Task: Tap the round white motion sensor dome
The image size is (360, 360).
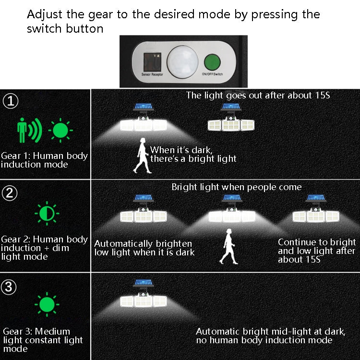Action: [x=180, y=61]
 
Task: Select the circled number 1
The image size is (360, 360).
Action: [x=10, y=101]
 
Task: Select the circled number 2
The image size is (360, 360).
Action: [x=10, y=193]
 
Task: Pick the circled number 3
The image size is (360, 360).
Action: [x=10, y=287]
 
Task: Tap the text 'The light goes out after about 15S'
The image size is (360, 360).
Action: [x=258, y=96]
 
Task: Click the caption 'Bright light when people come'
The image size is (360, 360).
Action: [x=237, y=187]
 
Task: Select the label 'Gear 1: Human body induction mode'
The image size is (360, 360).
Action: [x=44, y=160]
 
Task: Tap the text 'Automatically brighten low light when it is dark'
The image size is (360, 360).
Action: [x=144, y=248]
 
